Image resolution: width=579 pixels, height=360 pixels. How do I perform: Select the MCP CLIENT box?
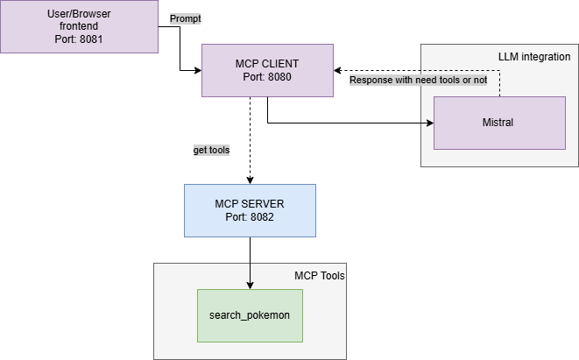pos(267,70)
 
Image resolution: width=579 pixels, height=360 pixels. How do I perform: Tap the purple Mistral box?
pos(499,123)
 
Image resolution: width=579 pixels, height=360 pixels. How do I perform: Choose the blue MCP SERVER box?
pos(250,210)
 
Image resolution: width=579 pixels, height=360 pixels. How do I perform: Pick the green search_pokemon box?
pos(250,315)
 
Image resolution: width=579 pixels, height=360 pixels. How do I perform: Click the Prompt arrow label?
pos(185,18)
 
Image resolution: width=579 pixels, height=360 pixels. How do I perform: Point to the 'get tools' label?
pos(211,150)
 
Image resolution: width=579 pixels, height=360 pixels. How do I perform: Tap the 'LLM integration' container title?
pos(533,56)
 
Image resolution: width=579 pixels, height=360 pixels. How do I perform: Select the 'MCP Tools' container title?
pos(320,276)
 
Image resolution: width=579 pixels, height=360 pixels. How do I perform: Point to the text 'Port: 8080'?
pos(267,77)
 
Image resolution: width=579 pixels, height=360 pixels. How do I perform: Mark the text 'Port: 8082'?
pos(251,216)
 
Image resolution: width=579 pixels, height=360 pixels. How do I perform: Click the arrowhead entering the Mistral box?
pos(429,123)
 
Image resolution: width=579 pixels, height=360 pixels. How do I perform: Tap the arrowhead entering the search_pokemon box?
pos(251,285)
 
